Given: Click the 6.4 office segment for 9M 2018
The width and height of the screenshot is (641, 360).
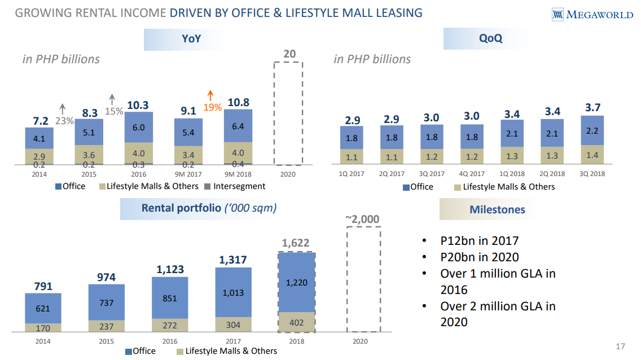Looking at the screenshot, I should pyautogui.click(x=238, y=126).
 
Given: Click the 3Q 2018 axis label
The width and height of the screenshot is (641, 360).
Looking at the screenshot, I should pyautogui.click(x=592, y=174).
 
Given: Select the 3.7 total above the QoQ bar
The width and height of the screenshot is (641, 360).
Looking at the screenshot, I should pyautogui.click(x=592, y=107).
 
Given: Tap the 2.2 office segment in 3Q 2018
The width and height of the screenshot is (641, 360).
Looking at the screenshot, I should pyautogui.click(x=592, y=130).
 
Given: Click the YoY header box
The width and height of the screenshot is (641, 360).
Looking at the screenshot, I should pyautogui.click(x=191, y=39).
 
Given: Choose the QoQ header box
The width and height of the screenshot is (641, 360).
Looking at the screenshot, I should pyautogui.click(x=490, y=39).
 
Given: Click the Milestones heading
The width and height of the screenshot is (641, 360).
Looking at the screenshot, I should pyautogui.click(x=497, y=210).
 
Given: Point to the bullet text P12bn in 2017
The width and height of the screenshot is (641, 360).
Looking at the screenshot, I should pyautogui.click(x=479, y=241).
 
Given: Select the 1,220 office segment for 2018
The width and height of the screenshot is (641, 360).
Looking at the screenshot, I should pyautogui.click(x=296, y=283).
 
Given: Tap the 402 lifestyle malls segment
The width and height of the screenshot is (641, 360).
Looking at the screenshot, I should pyautogui.click(x=296, y=322).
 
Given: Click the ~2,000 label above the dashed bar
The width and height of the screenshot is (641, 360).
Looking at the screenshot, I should pyautogui.click(x=362, y=219).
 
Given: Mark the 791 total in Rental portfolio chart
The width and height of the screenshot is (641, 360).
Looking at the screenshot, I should pyautogui.click(x=43, y=286).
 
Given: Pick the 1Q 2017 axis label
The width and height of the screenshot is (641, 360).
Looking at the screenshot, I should pyautogui.click(x=352, y=174).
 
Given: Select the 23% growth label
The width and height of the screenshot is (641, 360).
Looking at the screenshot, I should pyautogui.click(x=64, y=121).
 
